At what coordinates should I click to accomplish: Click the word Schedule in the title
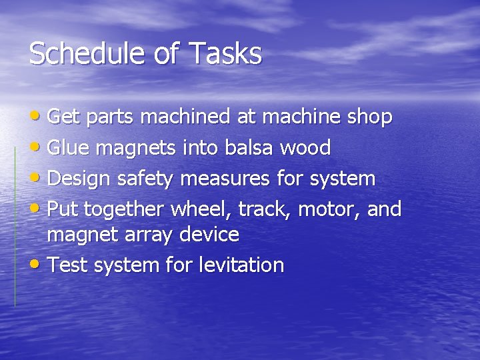(81, 53)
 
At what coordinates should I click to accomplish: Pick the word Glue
(68, 148)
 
